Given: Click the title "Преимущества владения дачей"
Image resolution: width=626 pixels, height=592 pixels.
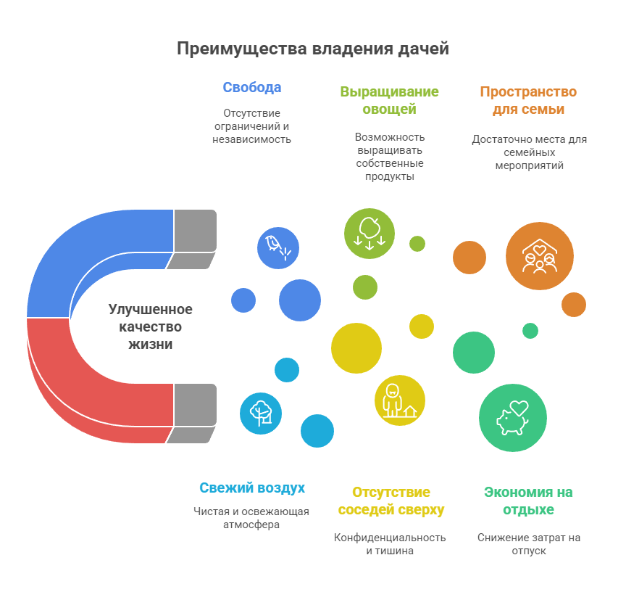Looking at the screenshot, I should pos(313,49).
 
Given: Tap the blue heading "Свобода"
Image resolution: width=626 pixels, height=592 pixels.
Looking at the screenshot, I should pos(251,88).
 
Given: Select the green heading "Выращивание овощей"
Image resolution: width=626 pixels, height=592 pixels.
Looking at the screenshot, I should pos(389,101).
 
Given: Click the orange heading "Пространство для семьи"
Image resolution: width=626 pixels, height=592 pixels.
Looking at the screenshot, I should pos(528,101).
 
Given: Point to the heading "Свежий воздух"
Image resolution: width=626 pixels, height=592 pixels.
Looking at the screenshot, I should pos(252,488).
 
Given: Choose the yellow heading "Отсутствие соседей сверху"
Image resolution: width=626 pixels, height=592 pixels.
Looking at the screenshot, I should pos(391,501).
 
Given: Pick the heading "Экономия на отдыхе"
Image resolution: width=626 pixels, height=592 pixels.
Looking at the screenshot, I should pos(528,501).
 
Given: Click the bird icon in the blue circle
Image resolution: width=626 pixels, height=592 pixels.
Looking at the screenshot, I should pos(277,247).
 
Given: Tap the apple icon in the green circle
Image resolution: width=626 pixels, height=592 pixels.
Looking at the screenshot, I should pos(370,233).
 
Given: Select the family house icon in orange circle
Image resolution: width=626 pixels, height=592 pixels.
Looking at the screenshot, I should pos(540,256).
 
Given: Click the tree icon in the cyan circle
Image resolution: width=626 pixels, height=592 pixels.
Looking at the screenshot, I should pos(261,413).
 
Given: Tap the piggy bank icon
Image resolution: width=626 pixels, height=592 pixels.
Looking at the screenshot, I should pos(513,418).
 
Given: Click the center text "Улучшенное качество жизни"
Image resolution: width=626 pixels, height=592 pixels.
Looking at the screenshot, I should pos(151,326).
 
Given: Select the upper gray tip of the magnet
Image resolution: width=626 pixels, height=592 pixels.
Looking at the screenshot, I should pos(195,231).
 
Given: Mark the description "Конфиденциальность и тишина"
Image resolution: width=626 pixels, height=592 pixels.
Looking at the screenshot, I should pos(390,544).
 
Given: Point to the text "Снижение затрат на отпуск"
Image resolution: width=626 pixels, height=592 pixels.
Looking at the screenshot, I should pos(528,544).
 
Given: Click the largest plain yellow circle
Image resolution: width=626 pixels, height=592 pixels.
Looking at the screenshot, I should pos(356,348).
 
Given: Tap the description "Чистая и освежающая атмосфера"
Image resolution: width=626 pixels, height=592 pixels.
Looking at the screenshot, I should pos(251,518).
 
